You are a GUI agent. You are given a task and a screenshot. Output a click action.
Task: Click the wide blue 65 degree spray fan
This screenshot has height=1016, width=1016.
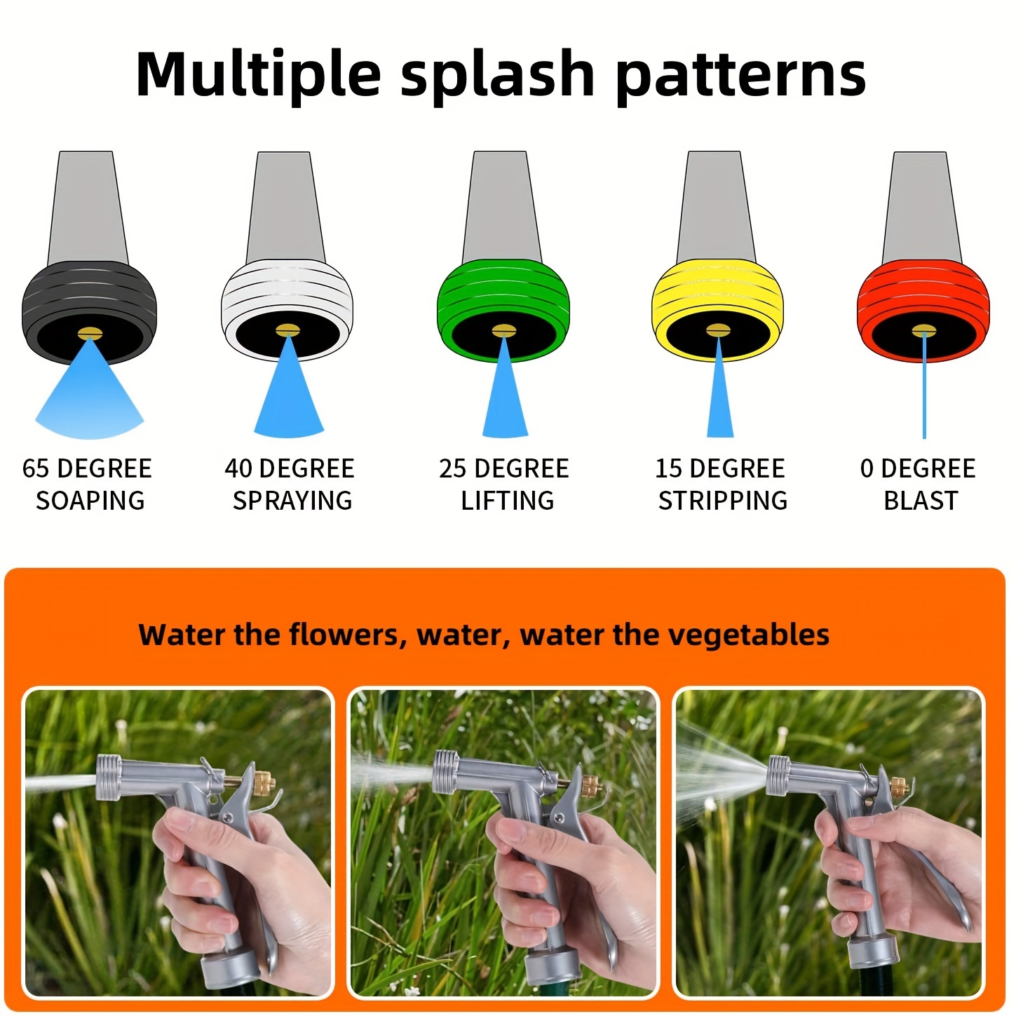[x=90, y=400]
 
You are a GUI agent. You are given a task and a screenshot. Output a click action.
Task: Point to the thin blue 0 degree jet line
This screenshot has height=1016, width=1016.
[x=923, y=386]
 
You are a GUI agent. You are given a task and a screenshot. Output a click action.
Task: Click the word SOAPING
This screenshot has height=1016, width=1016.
[x=90, y=501]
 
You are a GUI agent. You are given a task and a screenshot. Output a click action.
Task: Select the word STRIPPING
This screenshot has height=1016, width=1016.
[x=723, y=501]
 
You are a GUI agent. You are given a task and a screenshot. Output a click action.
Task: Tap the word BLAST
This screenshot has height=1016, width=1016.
[x=921, y=501]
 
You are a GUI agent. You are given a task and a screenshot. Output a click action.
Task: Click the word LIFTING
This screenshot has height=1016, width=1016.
[x=507, y=501]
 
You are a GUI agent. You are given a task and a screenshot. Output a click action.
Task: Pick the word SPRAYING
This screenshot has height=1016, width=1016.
[x=292, y=501]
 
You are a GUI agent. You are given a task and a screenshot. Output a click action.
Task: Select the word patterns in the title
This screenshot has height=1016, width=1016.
[x=740, y=76]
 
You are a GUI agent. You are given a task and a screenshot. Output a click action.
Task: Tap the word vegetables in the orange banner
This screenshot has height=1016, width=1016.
[x=749, y=635]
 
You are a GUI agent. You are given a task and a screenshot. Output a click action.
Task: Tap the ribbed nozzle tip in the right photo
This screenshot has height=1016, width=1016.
[x=779, y=775]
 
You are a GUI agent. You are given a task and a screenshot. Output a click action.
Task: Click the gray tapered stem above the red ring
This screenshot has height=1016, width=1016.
[x=921, y=205]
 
